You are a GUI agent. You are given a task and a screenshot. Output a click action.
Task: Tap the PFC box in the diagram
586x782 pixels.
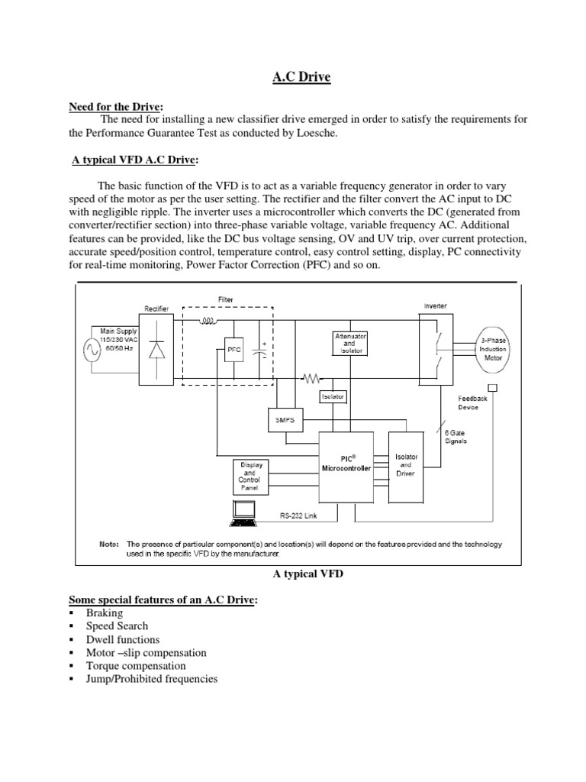coord(233,349)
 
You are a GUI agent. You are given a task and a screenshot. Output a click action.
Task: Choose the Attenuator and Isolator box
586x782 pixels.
coord(349,343)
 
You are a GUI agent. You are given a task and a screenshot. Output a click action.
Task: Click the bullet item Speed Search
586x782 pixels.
coord(117,626)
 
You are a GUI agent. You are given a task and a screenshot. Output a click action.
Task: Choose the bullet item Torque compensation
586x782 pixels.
coord(135,666)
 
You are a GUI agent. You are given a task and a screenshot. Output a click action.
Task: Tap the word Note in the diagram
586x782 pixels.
coord(109,544)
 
